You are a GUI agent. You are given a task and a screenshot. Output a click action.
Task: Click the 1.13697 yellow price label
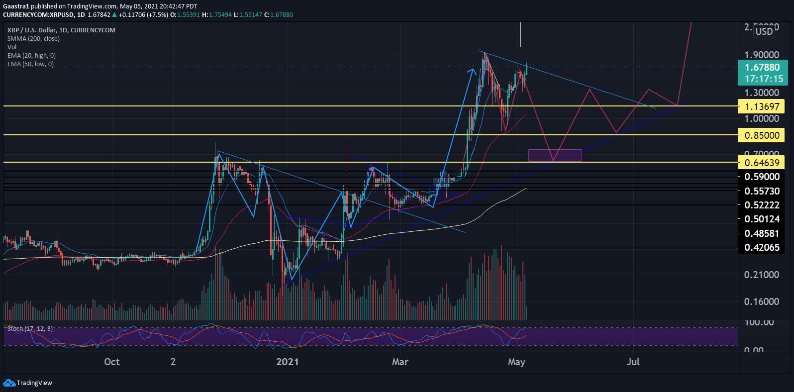(x=761, y=106)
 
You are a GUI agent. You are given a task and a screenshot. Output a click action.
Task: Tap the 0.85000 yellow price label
(x=761, y=135)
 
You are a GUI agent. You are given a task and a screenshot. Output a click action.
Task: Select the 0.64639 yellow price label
(x=761, y=162)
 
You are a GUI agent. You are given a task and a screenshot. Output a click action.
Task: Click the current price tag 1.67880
(x=761, y=67)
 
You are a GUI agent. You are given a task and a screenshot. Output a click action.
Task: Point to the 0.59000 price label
(x=761, y=177)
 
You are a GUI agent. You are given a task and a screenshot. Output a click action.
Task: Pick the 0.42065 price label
(x=761, y=247)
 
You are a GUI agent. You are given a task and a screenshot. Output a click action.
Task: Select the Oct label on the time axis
(x=112, y=362)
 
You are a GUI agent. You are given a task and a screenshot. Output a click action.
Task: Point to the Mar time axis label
(x=400, y=362)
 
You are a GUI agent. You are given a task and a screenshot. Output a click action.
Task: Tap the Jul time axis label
(x=633, y=362)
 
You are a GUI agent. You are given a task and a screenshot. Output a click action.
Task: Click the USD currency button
(x=764, y=31)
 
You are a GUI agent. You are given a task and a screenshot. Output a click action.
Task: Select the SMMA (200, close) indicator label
(x=33, y=38)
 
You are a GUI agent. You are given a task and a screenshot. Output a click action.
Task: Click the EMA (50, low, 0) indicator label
(x=30, y=64)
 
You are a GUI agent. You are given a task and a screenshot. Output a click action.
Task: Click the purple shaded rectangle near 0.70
(x=555, y=155)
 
